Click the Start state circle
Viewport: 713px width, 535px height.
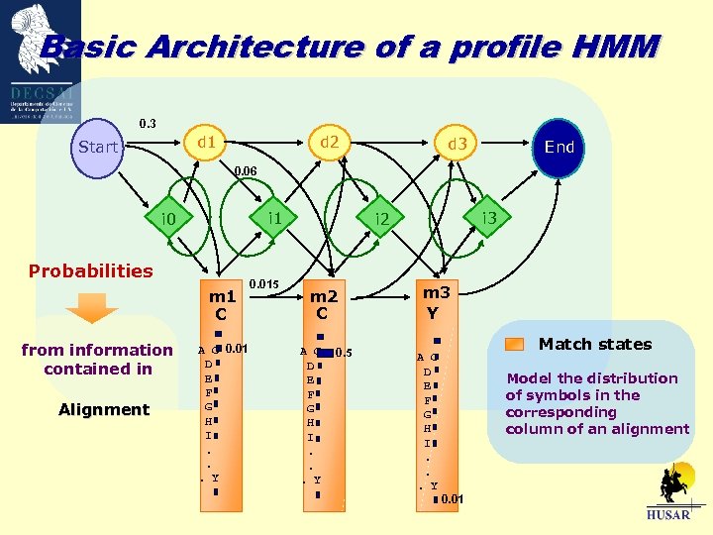pos(97,148)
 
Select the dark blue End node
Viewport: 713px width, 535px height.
pos(560,147)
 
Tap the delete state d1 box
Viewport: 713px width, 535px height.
pos(207,143)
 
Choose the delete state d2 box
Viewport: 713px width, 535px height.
pos(329,143)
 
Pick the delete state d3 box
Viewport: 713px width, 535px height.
pos(457,147)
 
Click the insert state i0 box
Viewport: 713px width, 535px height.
pos(168,218)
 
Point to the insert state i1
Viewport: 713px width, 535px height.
pos(275,217)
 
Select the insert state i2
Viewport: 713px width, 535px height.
pos(381,218)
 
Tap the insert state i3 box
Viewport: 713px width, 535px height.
pos(488,217)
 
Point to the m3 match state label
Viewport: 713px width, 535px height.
pos(436,292)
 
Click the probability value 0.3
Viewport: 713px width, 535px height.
pos(147,124)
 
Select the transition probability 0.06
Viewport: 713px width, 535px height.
pos(245,171)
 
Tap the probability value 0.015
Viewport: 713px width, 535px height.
pos(263,285)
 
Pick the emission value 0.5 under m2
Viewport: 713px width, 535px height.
pos(345,353)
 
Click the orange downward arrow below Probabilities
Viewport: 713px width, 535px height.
pos(97,309)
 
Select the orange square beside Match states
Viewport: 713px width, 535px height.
pos(514,345)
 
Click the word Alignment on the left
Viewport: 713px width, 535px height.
pos(104,410)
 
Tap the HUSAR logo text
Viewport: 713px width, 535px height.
pos(669,515)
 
